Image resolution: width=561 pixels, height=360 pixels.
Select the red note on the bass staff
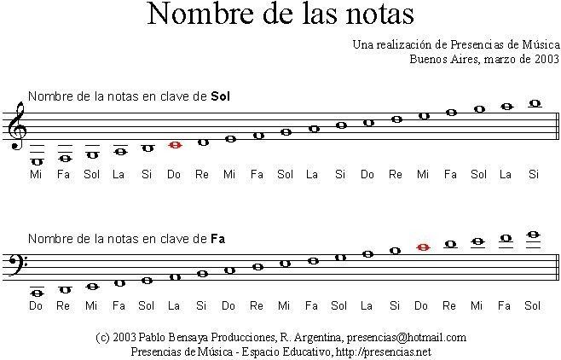pyautogui.click(x=422, y=247)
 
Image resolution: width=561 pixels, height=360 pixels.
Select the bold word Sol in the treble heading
pyautogui.click(x=220, y=96)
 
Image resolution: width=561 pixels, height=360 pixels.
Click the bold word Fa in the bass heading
pyautogui.click(x=217, y=238)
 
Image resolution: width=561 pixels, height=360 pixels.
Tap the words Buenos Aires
pyautogui.click(x=438, y=59)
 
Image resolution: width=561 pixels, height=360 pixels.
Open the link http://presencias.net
pyautogui.click(x=383, y=351)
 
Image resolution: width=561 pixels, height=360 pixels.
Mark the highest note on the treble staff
pyautogui.click(x=535, y=103)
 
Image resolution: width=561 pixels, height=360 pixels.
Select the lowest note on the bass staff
pyautogui.click(x=37, y=293)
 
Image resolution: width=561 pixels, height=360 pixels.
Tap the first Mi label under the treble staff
pyautogui.click(x=36, y=174)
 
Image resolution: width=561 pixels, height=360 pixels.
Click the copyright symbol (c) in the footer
pyautogui.click(x=103, y=338)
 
